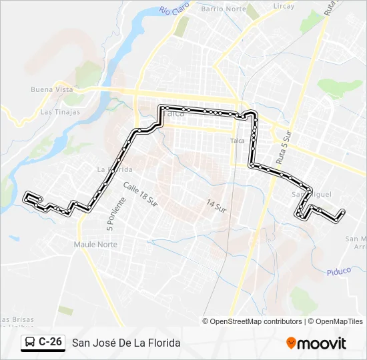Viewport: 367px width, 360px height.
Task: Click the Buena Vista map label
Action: tap(51, 89)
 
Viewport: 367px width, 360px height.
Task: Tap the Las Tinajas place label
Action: tap(60, 112)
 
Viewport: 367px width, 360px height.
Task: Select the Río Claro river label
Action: tap(175, 10)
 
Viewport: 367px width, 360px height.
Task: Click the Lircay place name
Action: tap(284, 6)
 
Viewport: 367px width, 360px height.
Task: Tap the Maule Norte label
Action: tap(95, 245)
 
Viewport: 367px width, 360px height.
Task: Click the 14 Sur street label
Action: tap(216, 205)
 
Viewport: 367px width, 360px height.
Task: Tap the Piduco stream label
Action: tap(339, 271)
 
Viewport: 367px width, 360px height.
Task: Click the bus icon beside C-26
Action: tap(29, 343)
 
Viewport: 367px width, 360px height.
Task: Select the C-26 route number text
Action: tap(51, 342)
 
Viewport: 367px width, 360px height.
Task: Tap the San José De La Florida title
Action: tap(126, 343)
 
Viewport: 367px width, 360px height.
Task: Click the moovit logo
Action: tap(316, 343)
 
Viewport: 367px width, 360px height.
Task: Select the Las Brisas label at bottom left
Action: tap(15, 320)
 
